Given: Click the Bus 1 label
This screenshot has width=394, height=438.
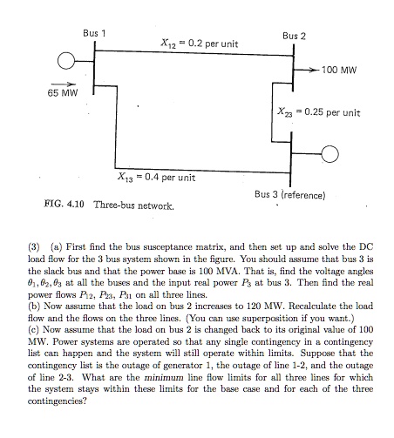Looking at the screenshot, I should pyautogui.click(x=93, y=33).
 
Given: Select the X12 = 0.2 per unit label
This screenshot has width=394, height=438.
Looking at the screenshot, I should pyautogui.click(x=200, y=43).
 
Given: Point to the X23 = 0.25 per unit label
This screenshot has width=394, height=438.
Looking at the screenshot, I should pyautogui.click(x=318, y=112).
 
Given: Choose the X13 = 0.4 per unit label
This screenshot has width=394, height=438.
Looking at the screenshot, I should pyautogui.click(x=156, y=178).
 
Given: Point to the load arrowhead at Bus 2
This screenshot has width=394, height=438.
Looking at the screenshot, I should pyautogui.click(x=315, y=68).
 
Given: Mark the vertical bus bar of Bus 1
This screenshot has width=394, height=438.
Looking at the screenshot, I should pyautogui.click(x=94, y=64).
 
